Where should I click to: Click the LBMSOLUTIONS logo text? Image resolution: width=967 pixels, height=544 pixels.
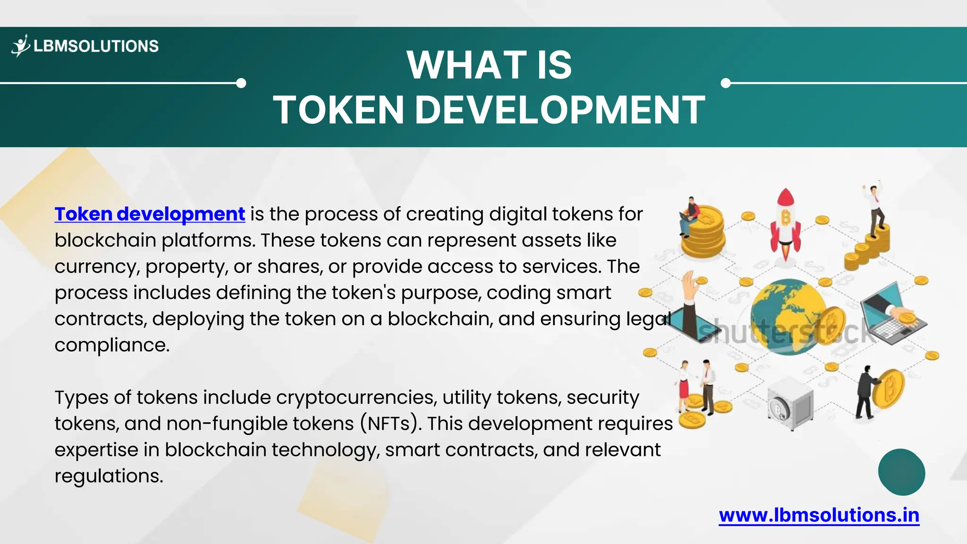click(96, 46)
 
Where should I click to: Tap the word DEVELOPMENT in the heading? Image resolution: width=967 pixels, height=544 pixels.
click(560, 110)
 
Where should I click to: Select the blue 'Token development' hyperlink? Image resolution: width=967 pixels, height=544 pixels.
click(150, 214)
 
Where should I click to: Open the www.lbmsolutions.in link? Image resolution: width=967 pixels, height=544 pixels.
click(819, 515)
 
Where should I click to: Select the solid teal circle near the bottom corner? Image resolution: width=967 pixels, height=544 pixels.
click(901, 472)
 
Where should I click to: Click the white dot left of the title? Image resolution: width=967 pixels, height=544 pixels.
click(241, 83)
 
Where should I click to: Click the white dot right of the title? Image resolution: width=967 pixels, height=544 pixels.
click(726, 83)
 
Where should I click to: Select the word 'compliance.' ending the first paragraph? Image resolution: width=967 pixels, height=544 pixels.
click(112, 345)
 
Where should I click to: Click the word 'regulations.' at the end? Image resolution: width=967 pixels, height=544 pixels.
click(109, 476)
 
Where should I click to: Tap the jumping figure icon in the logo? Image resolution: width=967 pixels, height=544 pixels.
click(21, 46)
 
